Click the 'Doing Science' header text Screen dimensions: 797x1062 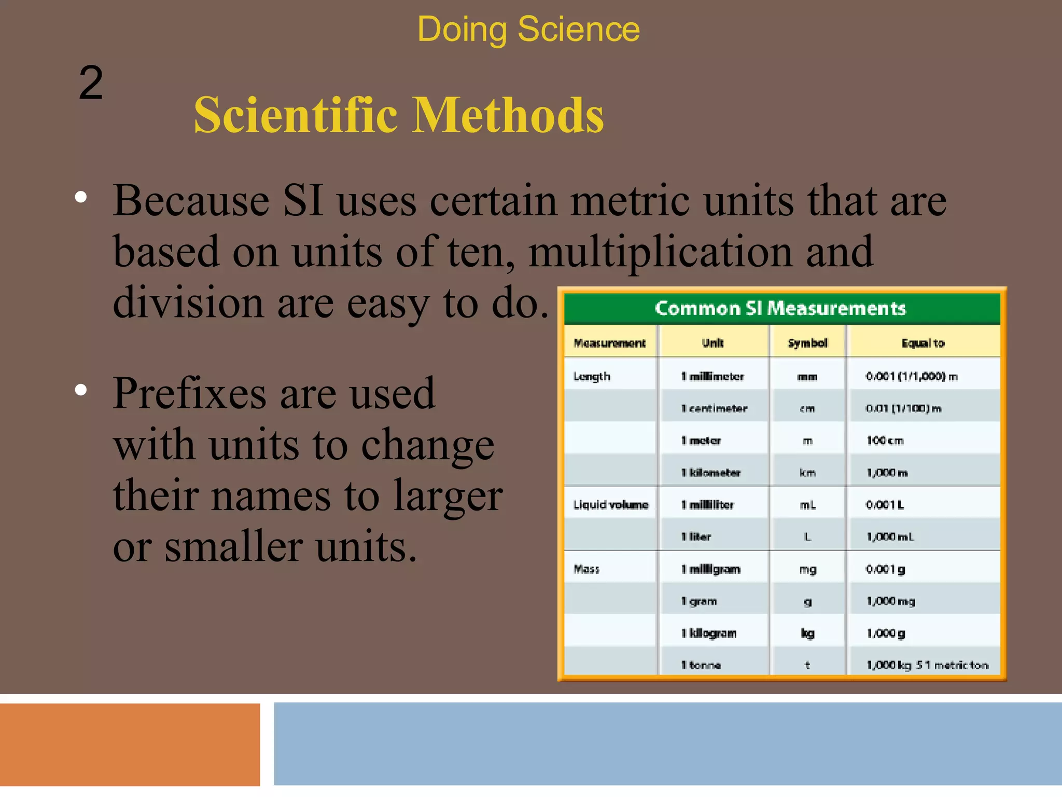tap(528, 29)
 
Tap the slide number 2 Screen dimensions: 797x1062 tap(91, 83)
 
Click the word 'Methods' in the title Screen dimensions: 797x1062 tap(508, 115)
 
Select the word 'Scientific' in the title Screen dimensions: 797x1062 tap(296, 115)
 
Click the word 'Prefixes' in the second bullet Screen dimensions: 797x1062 tap(190, 393)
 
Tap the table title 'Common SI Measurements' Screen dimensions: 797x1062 tap(780, 308)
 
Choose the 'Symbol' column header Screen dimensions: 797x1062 tap(807, 343)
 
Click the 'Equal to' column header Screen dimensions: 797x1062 tap(923, 343)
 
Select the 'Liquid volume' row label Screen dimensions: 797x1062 tap(610, 505)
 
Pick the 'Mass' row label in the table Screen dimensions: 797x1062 tap(586, 569)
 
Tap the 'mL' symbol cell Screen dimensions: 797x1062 tap(807, 505)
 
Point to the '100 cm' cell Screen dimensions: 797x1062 tap(885, 441)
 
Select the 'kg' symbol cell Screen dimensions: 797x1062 tap(807, 633)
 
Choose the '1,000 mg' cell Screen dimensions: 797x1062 tap(891, 601)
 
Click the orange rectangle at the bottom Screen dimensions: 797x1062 tap(130, 744)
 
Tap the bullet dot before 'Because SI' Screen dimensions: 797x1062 tap(81, 197)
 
